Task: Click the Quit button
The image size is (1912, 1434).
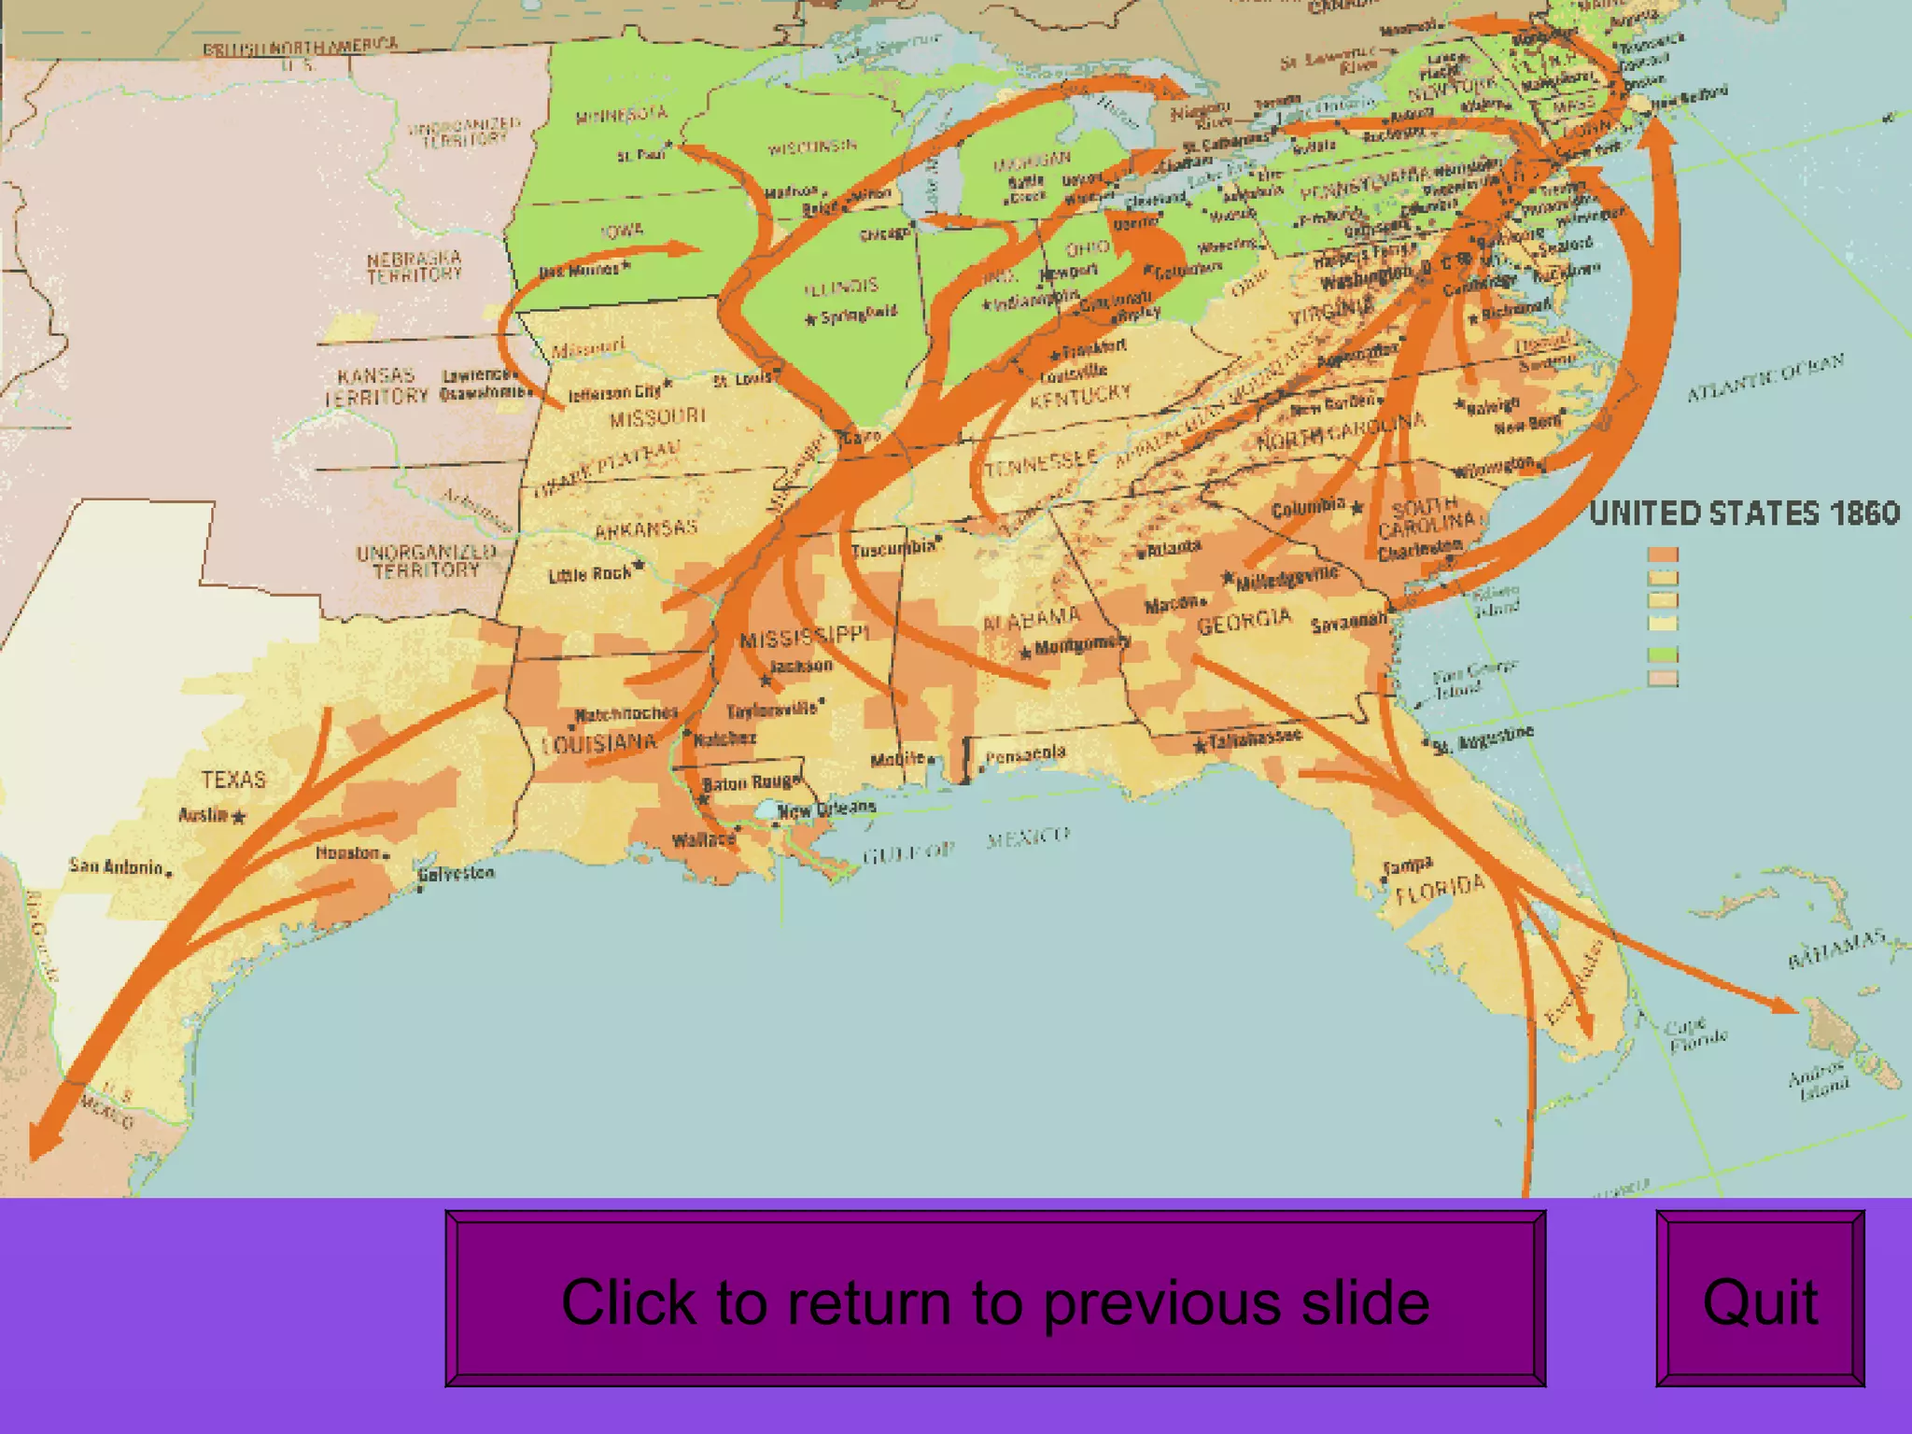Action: point(1760,1299)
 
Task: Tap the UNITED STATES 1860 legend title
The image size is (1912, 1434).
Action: point(1744,513)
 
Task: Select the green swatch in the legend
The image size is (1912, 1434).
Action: point(1663,654)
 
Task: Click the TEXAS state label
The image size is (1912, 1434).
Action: point(233,780)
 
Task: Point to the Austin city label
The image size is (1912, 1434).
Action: point(204,815)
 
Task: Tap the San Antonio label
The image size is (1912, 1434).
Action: point(117,866)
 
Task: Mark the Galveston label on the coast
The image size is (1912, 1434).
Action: point(457,874)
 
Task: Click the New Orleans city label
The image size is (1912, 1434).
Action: point(826,808)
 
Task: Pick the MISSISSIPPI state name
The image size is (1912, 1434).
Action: point(804,637)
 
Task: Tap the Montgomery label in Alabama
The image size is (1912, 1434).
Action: point(1083,644)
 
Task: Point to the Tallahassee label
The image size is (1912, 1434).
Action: point(1255,739)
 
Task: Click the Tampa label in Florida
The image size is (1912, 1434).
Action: point(1408,867)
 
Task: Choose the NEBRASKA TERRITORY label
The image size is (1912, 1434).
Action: point(414,266)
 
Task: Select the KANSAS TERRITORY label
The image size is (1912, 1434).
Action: point(376,386)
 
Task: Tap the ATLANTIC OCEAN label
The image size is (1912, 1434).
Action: point(1765,377)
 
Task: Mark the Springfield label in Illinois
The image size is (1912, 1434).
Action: point(858,315)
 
